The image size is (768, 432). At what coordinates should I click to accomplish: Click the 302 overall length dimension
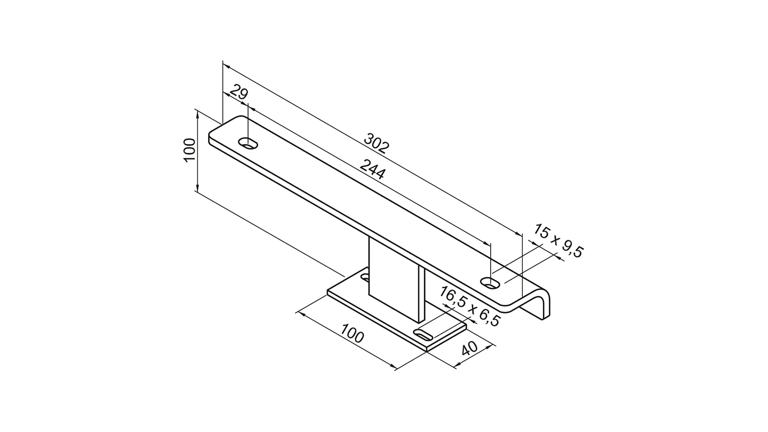376,144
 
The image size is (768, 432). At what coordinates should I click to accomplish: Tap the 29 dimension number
239,94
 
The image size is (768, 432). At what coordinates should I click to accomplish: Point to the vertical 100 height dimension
190,150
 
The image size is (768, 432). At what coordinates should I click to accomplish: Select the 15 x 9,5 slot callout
558,241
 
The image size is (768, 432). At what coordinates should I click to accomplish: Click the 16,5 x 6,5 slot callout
470,306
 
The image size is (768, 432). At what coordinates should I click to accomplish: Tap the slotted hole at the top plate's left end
248,143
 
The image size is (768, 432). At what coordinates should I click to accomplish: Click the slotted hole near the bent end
491,283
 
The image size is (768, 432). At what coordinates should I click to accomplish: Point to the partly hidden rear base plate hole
365,276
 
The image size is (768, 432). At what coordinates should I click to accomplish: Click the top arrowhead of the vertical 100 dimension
198,114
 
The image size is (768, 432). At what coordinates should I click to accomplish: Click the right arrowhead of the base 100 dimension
394,367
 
